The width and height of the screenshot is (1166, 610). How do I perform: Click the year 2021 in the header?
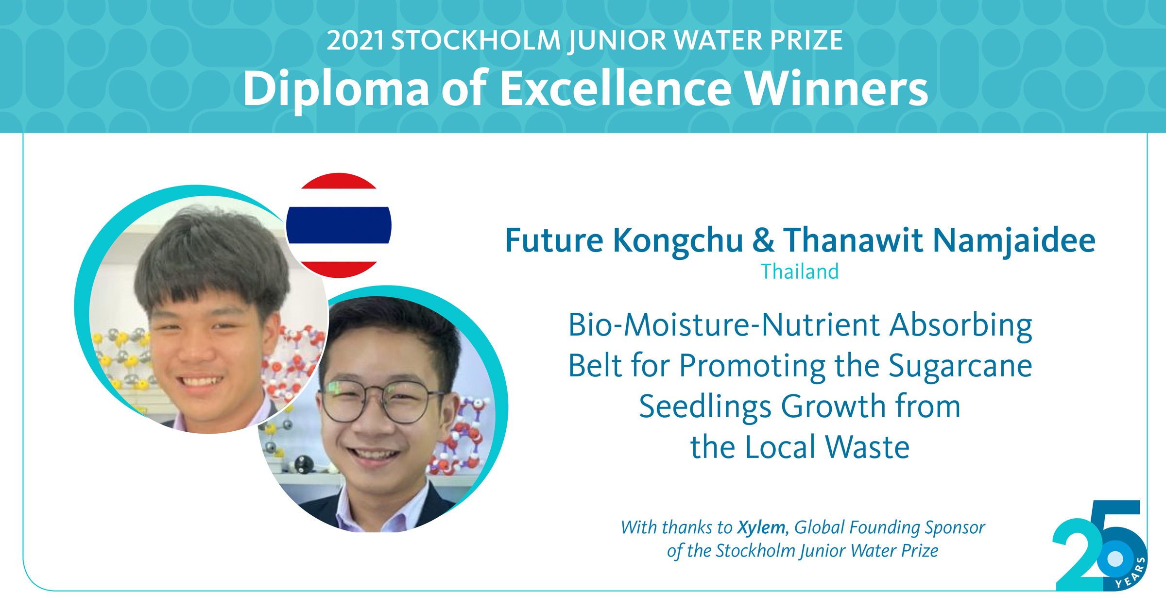click(x=355, y=40)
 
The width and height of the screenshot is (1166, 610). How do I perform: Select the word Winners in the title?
click(x=836, y=88)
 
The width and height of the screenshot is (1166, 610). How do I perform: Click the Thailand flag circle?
click(x=339, y=225)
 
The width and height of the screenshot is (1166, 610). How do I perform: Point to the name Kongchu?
click(x=677, y=242)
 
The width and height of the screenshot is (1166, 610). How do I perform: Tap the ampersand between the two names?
click(x=763, y=240)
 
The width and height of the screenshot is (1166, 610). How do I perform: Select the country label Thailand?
click(x=800, y=272)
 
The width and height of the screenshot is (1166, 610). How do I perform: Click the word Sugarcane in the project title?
click(x=960, y=367)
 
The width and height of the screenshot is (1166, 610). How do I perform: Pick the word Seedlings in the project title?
click(x=705, y=407)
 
